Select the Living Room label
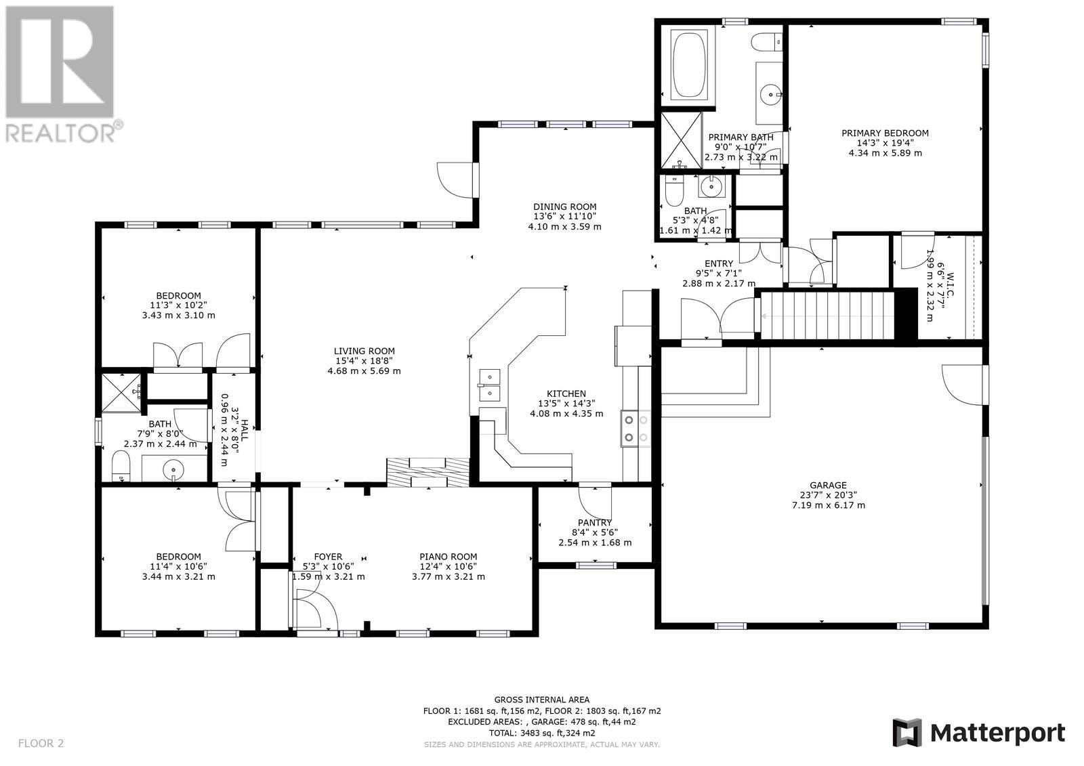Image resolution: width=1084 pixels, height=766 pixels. coord(364,351)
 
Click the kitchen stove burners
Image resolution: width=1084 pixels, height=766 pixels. coord(636,428)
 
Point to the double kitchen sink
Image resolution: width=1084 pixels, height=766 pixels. coord(490,385)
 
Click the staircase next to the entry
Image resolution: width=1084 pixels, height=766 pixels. coord(827,315)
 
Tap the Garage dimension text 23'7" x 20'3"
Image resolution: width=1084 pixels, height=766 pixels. coord(829,495)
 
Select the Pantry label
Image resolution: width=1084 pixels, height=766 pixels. coord(595,522)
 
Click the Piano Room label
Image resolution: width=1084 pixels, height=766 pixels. coord(448,557)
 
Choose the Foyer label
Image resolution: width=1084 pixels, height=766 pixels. coord(328,557)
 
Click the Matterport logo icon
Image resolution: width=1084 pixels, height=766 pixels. coord(907,733)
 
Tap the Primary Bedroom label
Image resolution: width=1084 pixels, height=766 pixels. coord(885,133)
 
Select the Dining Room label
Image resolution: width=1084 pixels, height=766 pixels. coord(565,207)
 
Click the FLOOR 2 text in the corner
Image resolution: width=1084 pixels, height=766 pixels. coord(41,743)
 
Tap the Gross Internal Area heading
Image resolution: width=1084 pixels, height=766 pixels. coord(541,699)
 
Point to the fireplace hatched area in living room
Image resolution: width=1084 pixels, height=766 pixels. coord(428,472)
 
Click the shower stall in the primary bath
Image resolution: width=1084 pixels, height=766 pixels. coord(681,140)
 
